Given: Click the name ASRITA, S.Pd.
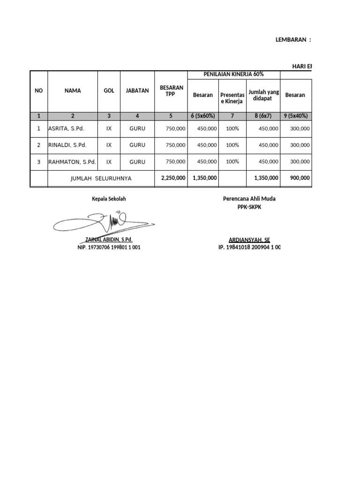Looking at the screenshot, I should point(66,128).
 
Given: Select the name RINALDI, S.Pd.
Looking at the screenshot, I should point(67,145).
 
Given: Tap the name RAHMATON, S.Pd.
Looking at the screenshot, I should point(72,161).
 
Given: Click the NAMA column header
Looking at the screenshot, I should point(73,90).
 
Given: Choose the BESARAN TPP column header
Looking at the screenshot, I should point(171,90).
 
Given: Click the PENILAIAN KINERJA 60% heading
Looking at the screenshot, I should point(233,74).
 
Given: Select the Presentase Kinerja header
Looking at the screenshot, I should point(232,98).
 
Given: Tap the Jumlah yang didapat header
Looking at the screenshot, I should point(263,95).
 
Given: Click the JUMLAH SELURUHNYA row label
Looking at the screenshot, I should point(101,178).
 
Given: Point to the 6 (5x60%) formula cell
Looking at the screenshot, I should point(203,116).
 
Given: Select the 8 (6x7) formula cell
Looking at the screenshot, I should point(263,116).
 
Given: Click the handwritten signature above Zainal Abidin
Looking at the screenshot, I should point(106,222).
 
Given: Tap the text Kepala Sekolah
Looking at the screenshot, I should point(109,199).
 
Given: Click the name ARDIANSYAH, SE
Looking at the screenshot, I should point(249,240).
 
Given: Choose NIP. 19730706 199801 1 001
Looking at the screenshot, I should point(109,247).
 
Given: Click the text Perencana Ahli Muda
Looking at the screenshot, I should point(249,199).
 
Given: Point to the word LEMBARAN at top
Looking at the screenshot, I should point(290,40).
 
